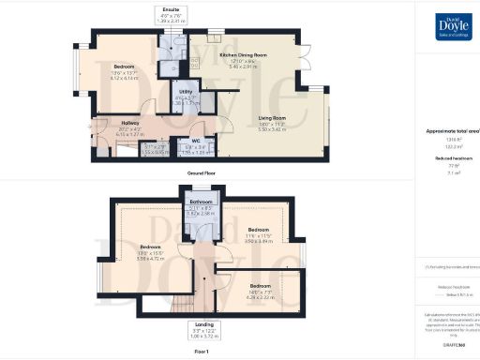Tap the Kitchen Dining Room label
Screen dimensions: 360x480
click(x=243, y=56)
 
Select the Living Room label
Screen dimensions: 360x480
click(x=272, y=117)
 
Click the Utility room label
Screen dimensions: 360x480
click(x=186, y=91)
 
